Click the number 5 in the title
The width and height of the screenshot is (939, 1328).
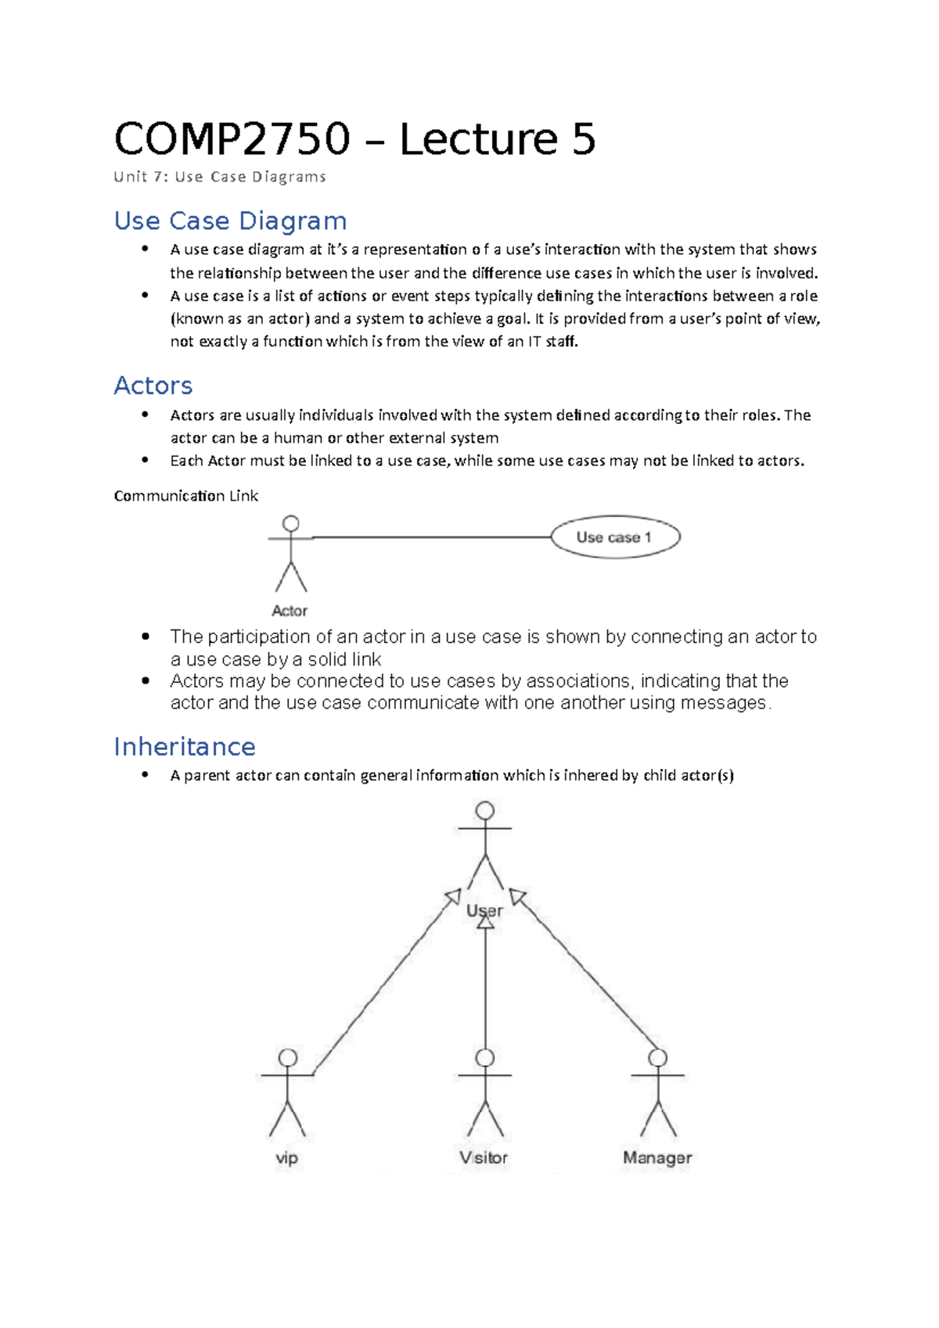tap(584, 140)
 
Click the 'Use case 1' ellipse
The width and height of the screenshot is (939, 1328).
tap(615, 537)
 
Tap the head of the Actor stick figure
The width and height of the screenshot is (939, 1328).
tap(291, 523)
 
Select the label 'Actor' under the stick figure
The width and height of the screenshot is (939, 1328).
tap(290, 611)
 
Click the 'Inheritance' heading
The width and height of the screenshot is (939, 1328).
tap(185, 747)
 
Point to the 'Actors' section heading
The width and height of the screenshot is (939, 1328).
tap(153, 386)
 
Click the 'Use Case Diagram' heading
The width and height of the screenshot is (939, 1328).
tap(230, 221)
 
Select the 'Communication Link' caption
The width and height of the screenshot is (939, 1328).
tap(185, 496)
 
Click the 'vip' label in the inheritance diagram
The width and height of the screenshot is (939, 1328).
tap(287, 1158)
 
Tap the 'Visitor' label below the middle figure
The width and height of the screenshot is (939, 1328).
tap(484, 1158)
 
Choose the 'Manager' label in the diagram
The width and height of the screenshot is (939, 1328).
tap(657, 1158)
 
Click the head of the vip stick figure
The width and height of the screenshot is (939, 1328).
tap(288, 1057)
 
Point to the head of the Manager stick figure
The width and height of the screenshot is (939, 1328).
tap(658, 1057)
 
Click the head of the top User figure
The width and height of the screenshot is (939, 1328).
tap(485, 810)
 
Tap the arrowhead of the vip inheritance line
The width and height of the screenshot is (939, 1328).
tap(452, 897)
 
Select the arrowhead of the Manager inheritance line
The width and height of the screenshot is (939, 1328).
tap(517, 897)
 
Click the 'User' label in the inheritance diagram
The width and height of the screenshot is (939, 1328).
tap(484, 910)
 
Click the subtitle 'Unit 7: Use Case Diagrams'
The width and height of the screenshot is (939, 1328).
tap(220, 177)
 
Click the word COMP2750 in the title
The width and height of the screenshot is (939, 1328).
tap(232, 140)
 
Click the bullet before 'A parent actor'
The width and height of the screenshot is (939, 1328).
tap(146, 774)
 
